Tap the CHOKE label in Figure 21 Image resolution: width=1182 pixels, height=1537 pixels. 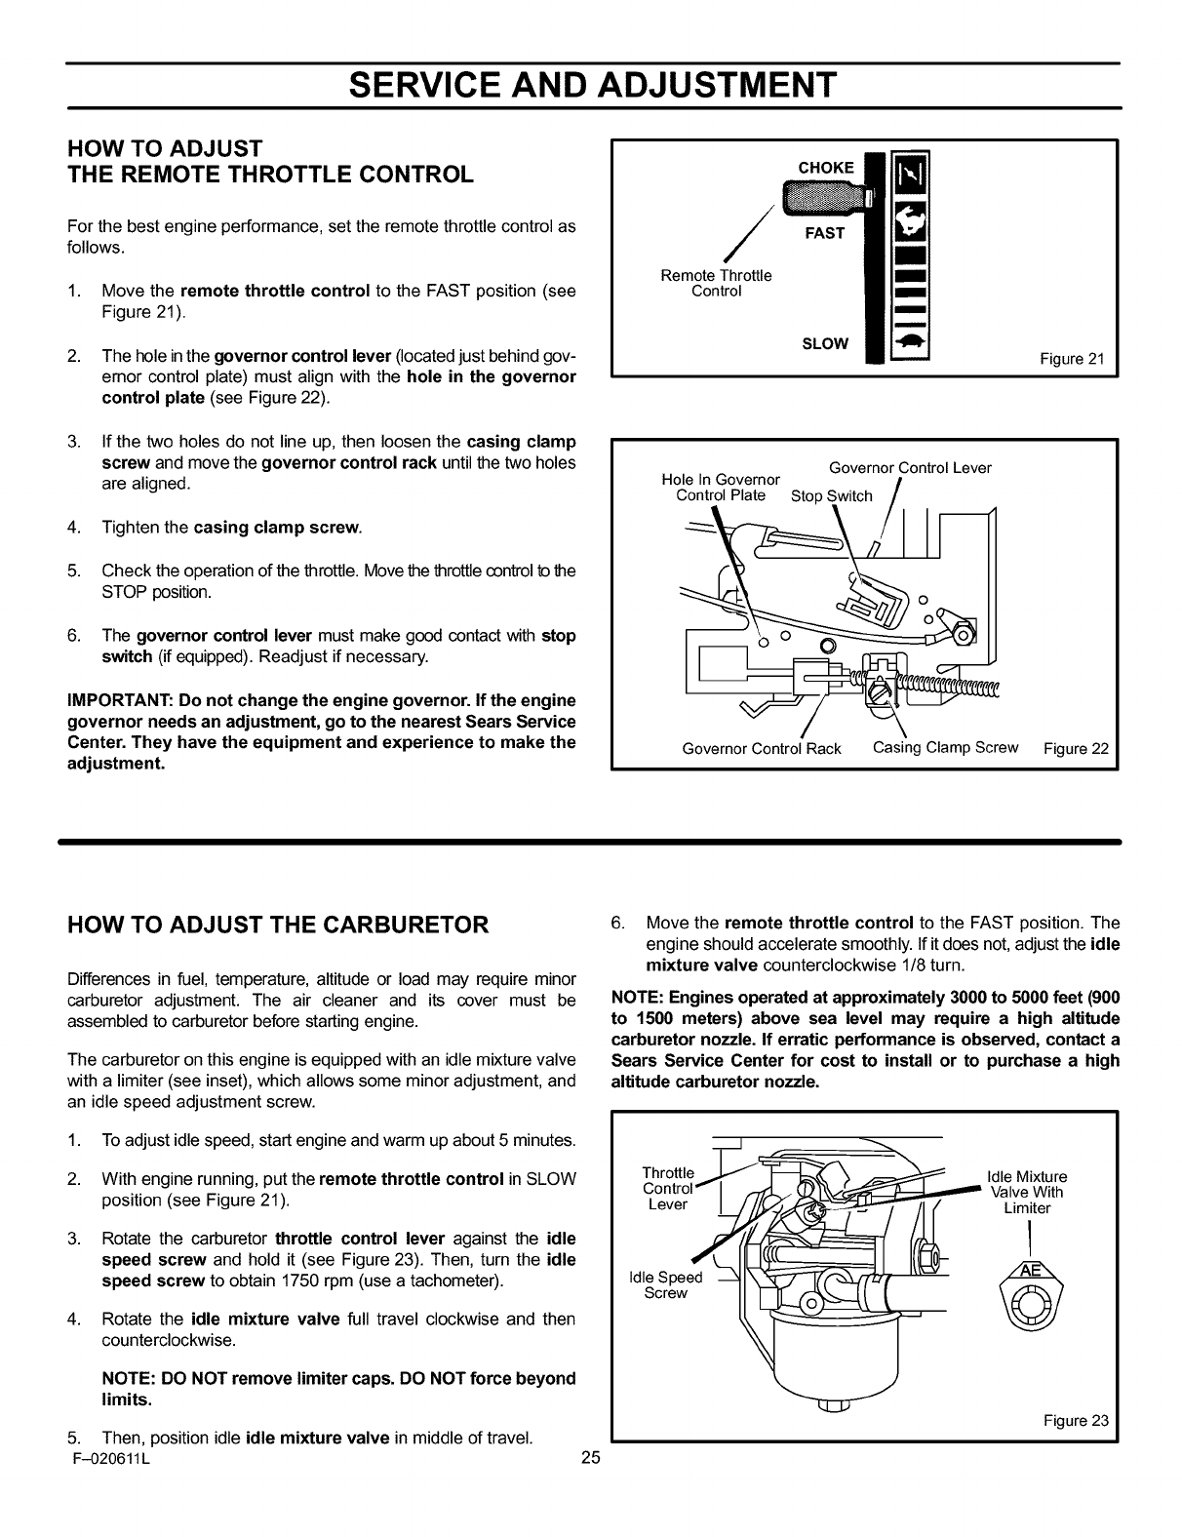click(825, 167)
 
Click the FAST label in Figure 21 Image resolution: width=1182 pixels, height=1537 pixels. click(824, 233)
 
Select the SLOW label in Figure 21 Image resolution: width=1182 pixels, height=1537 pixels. click(825, 343)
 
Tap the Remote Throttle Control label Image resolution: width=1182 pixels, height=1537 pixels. click(716, 283)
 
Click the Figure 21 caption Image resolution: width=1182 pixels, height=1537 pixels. click(1072, 359)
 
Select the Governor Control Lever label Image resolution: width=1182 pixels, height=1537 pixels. click(909, 467)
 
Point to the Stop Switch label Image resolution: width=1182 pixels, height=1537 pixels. click(831, 495)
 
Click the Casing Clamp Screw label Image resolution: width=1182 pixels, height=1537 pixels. click(945, 747)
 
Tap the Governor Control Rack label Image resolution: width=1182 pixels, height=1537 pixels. click(761, 749)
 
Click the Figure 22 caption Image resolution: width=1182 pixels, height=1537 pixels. click(1076, 749)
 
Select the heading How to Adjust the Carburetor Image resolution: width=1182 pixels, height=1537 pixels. click(278, 925)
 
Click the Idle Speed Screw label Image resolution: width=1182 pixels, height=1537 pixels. click(666, 1284)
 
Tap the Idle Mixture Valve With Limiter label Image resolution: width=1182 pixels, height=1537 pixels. click(1027, 1192)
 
